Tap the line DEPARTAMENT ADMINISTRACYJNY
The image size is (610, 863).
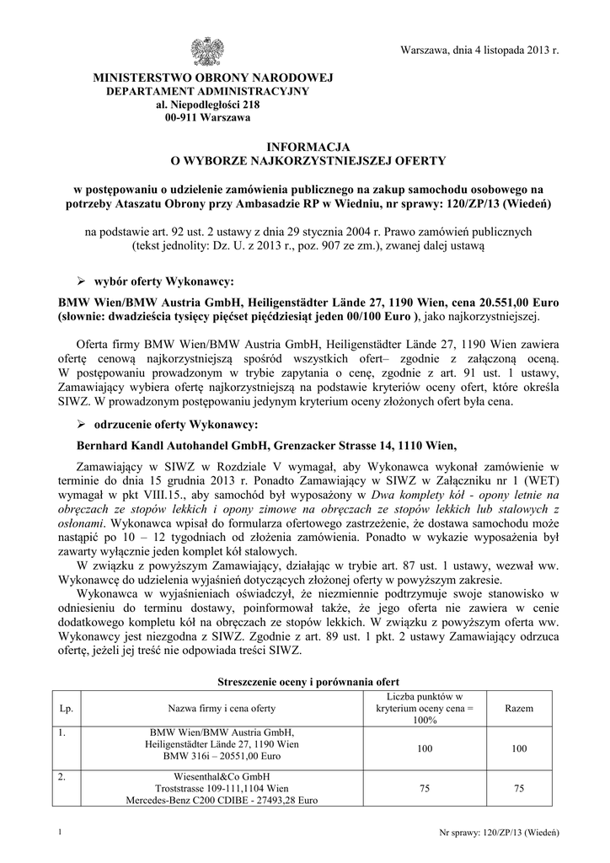pos(207,91)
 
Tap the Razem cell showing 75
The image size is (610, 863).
pos(518,788)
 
